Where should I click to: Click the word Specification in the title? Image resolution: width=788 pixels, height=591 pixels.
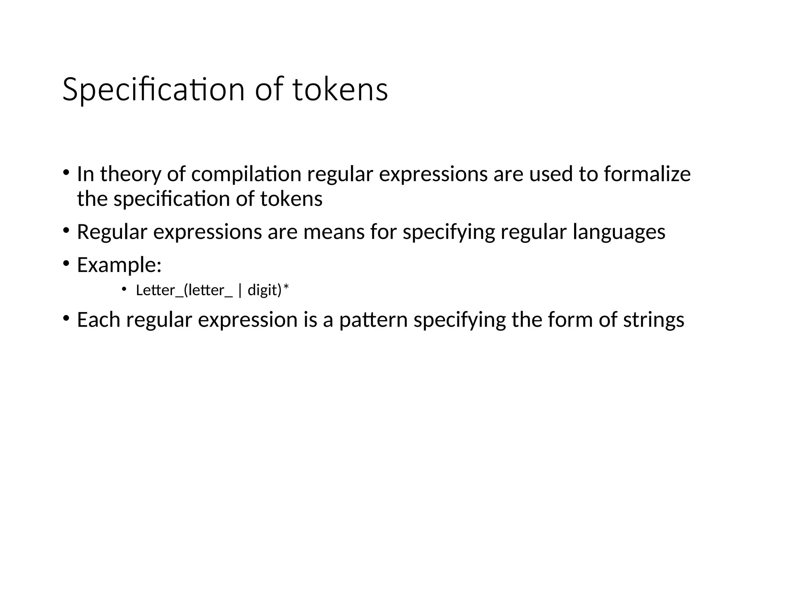click(153, 90)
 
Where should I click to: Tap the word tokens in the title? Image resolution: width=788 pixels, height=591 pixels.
click(340, 90)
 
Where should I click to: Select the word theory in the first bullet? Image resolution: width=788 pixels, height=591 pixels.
click(130, 174)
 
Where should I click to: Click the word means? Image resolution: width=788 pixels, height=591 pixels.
click(334, 232)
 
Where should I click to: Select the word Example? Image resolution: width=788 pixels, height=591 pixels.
click(119, 265)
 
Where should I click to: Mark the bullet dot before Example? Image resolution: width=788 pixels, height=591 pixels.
click(66, 264)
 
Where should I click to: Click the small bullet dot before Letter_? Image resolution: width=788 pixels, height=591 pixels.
click(124, 289)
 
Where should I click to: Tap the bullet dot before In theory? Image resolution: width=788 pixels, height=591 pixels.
click(66, 172)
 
